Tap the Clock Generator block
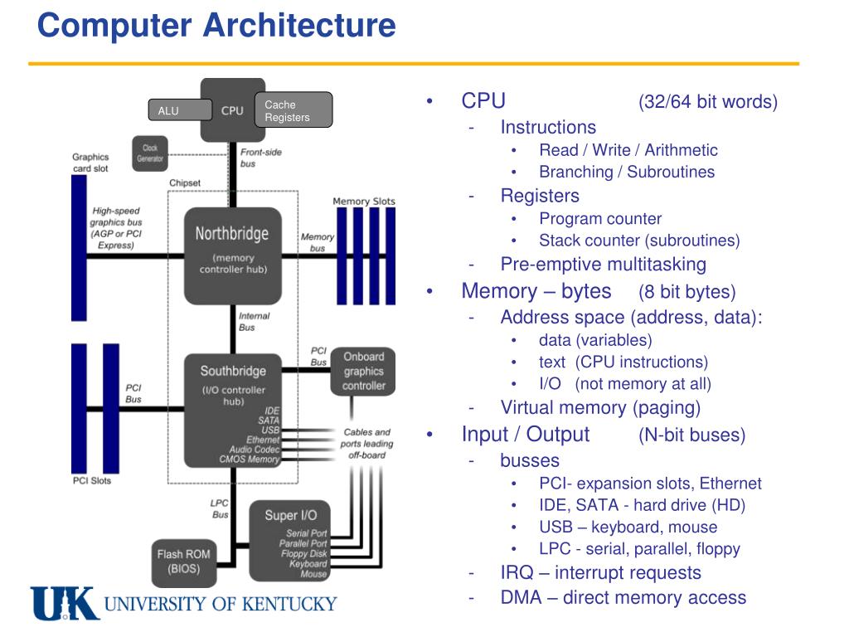(150, 153)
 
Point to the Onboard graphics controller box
(364, 372)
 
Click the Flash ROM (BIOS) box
(183, 562)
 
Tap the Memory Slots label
(364, 201)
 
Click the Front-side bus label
(260, 158)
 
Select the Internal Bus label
(254, 322)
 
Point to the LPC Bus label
(220, 508)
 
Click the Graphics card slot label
(90, 163)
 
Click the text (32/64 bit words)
(708, 102)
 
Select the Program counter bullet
(600, 219)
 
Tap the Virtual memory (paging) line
(600, 407)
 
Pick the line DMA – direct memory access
(623, 597)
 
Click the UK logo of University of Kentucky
(65, 603)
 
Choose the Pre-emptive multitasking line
(604, 265)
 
